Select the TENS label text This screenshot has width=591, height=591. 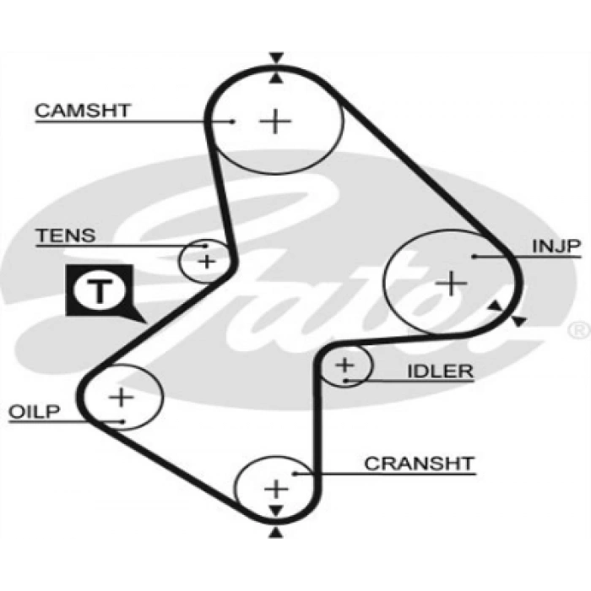(x=65, y=236)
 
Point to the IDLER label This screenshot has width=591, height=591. (x=440, y=371)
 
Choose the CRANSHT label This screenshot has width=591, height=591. (x=419, y=464)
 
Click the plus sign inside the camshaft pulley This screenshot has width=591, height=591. (x=275, y=122)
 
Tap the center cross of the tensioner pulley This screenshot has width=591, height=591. (x=206, y=261)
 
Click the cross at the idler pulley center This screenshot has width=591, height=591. (x=344, y=366)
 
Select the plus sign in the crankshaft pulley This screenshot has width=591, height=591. (x=276, y=488)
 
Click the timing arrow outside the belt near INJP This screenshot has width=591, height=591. (x=518, y=321)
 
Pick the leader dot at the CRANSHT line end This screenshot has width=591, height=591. (x=295, y=474)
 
